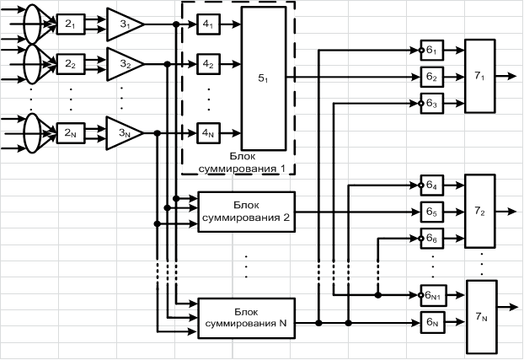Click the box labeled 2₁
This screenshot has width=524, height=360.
71,24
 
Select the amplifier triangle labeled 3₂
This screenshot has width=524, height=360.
124,64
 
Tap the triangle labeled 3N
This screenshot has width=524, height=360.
124,133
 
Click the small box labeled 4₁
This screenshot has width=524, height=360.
209,24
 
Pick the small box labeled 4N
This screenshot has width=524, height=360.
209,133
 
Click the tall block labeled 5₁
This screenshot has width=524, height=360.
264,78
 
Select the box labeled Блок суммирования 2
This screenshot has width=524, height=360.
247,212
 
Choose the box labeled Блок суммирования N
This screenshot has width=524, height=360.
247,318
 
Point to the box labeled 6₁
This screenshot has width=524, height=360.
432,51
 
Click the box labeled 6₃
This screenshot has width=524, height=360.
432,104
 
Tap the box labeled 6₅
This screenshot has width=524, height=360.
432,212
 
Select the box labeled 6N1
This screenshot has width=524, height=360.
433,295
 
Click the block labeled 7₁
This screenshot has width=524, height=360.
480,76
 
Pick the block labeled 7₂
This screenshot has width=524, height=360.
480,211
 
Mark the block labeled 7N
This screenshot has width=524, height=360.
481,317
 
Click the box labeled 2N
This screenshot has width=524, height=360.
71,133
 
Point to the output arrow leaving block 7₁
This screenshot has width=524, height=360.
506,76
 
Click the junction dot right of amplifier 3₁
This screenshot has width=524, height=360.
176,24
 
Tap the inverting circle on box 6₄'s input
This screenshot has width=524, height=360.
421,185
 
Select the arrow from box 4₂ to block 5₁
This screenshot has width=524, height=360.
231,64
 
